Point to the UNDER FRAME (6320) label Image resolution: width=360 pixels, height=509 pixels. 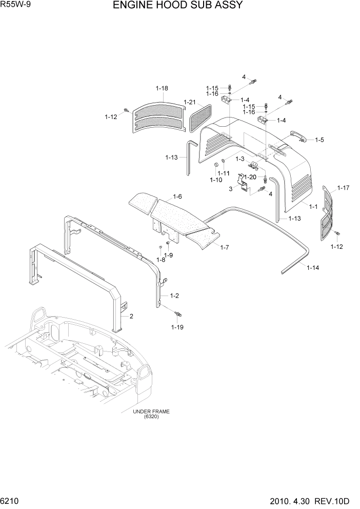click(151, 414)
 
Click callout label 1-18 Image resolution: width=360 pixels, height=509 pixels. click(162, 89)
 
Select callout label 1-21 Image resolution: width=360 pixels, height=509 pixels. click(190, 102)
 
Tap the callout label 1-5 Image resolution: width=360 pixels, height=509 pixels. click(319, 140)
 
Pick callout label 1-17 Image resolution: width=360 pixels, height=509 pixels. click(343, 188)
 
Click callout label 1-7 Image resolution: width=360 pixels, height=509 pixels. click(225, 247)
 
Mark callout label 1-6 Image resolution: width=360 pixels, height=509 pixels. click(177, 196)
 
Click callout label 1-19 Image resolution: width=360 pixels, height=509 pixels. click(177, 326)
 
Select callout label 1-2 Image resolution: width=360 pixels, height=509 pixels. click(174, 296)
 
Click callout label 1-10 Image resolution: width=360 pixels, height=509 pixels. click(216, 180)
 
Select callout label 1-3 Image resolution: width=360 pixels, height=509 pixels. click(239, 159)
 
